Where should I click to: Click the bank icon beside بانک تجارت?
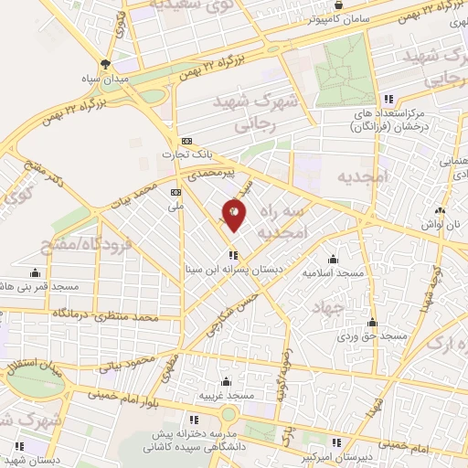pos(187,141)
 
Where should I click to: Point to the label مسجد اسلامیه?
pos(334,272)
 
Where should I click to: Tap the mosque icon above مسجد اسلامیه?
pos(333,260)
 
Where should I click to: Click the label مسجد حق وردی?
pos(371,335)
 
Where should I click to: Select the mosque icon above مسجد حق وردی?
pos(372,323)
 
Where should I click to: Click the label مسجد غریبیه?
pos(226,396)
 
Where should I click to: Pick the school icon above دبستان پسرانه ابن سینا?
pos(234,255)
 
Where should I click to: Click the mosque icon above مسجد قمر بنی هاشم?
pos(36,271)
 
